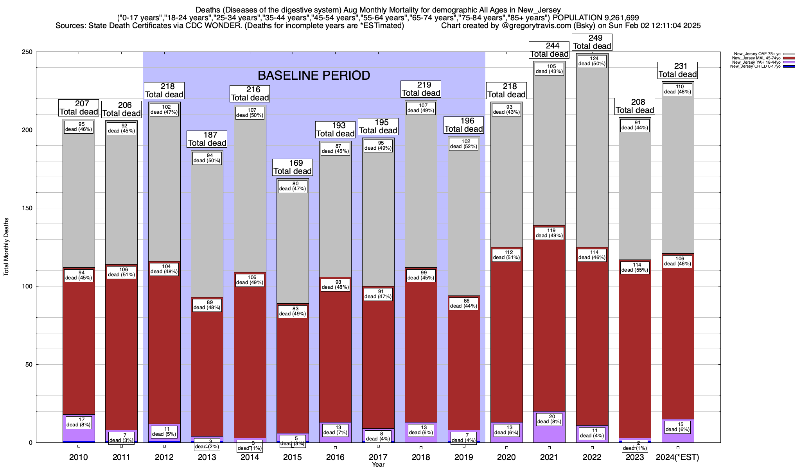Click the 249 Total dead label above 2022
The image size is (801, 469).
(x=592, y=42)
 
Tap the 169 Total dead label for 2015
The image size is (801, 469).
(x=293, y=167)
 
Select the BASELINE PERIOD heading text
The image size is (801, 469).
(x=314, y=75)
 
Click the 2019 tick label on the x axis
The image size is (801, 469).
(x=464, y=457)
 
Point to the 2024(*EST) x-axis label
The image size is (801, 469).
(x=677, y=457)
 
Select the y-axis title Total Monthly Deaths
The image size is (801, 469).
(x=6, y=247)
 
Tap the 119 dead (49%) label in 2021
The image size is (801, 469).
(x=549, y=233)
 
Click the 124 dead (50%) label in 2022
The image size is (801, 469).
(x=592, y=61)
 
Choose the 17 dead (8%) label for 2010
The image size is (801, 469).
(x=78, y=422)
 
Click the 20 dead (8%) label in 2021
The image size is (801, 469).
(x=549, y=419)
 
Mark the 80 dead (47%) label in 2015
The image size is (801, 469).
(x=293, y=186)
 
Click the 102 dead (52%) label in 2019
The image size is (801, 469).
(x=464, y=144)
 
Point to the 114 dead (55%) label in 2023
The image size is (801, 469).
(x=635, y=268)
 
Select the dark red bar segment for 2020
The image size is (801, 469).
(x=506, y=344)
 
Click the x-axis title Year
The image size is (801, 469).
(x=378, y=465)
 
